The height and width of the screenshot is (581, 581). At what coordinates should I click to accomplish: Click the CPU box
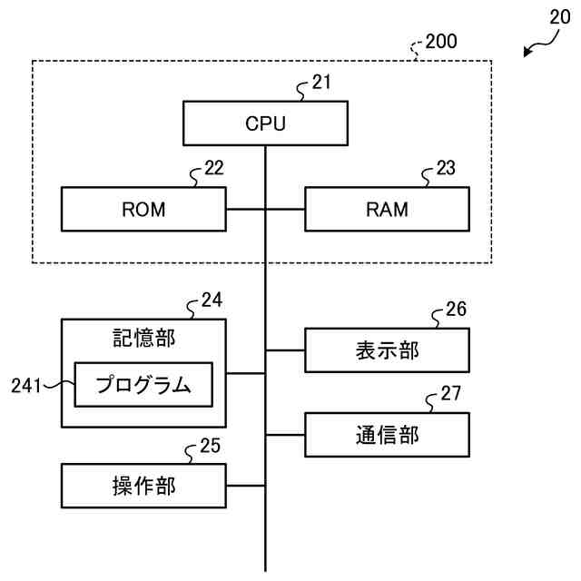pyautogui.click(x=265, y=123)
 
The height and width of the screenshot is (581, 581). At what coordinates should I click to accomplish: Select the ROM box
pyautogui.click(x=143, y=209)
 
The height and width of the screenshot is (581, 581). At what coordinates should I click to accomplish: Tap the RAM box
pyautogui.click(x=387, y=209)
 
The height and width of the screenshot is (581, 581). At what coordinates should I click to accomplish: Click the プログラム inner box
pyautogui.click(x=143, y=385)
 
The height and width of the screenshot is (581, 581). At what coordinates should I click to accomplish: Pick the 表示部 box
pyautogui.click(x=387, y=350)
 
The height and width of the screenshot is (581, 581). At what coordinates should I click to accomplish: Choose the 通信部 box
pyautogui.click(x=387, y=434)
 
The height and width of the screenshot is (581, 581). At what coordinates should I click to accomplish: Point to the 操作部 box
pyautogui.click(x=143, y=486)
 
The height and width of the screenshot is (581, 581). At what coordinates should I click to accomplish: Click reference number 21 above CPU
pyautogui.click(x=321, y=83)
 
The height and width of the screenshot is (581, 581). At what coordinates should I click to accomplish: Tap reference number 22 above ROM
pyautogui.click(x=213, y=169)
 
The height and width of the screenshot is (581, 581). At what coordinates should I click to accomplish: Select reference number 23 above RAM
pyautogui.click(x=446, y=169)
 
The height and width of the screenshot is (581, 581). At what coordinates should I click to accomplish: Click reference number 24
pyautogui.click(x=212, y=300)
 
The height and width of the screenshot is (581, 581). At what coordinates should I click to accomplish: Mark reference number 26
pyautogui.click(x=457, y=310)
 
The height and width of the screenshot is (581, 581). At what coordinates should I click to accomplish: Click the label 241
pyautogui.click(x=26, y=386)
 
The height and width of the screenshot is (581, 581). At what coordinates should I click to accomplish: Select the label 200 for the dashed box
pyautogui.click(x=441, y=41)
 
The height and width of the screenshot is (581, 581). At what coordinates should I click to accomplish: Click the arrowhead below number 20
pyautogui.click(x=527, y=54)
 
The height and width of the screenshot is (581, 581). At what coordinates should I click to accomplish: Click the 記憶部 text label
pyautogui.click(x=143, y=339)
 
